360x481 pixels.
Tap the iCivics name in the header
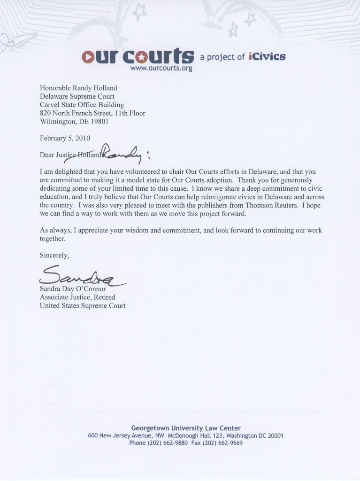(267, 57)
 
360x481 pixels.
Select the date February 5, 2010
(65, 138)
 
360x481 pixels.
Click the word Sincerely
(54, 256)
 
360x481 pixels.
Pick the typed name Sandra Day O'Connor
(73, 289)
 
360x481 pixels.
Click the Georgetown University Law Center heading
(186, 428)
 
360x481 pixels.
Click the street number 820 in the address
(46, 113)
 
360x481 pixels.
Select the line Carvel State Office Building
(82, 105)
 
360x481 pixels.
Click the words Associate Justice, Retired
(77, 297)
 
